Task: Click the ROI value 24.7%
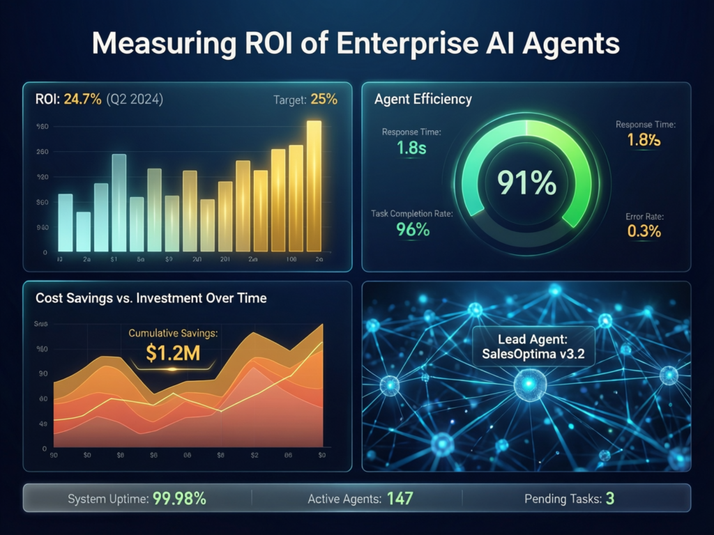(82, 99)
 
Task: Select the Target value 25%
(324, 99)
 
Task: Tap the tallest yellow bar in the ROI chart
(314, 185)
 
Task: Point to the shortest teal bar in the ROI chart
(83, 231)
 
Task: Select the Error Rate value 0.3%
(644, 232)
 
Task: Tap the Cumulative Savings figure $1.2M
(173, 352)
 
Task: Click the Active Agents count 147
(399, 499)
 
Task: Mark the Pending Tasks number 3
(609, 499)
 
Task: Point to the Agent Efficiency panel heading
(423, 99)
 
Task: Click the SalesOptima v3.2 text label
(533, 353)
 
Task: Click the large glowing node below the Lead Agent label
(529, 384)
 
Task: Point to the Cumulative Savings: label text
(173, 333)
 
